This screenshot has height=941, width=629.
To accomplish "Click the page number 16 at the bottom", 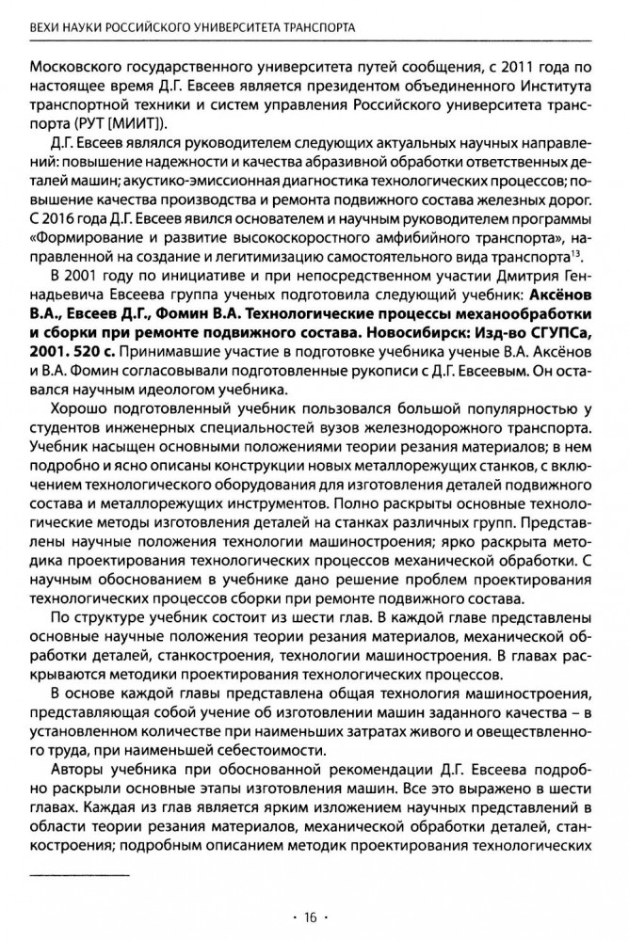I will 313,915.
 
